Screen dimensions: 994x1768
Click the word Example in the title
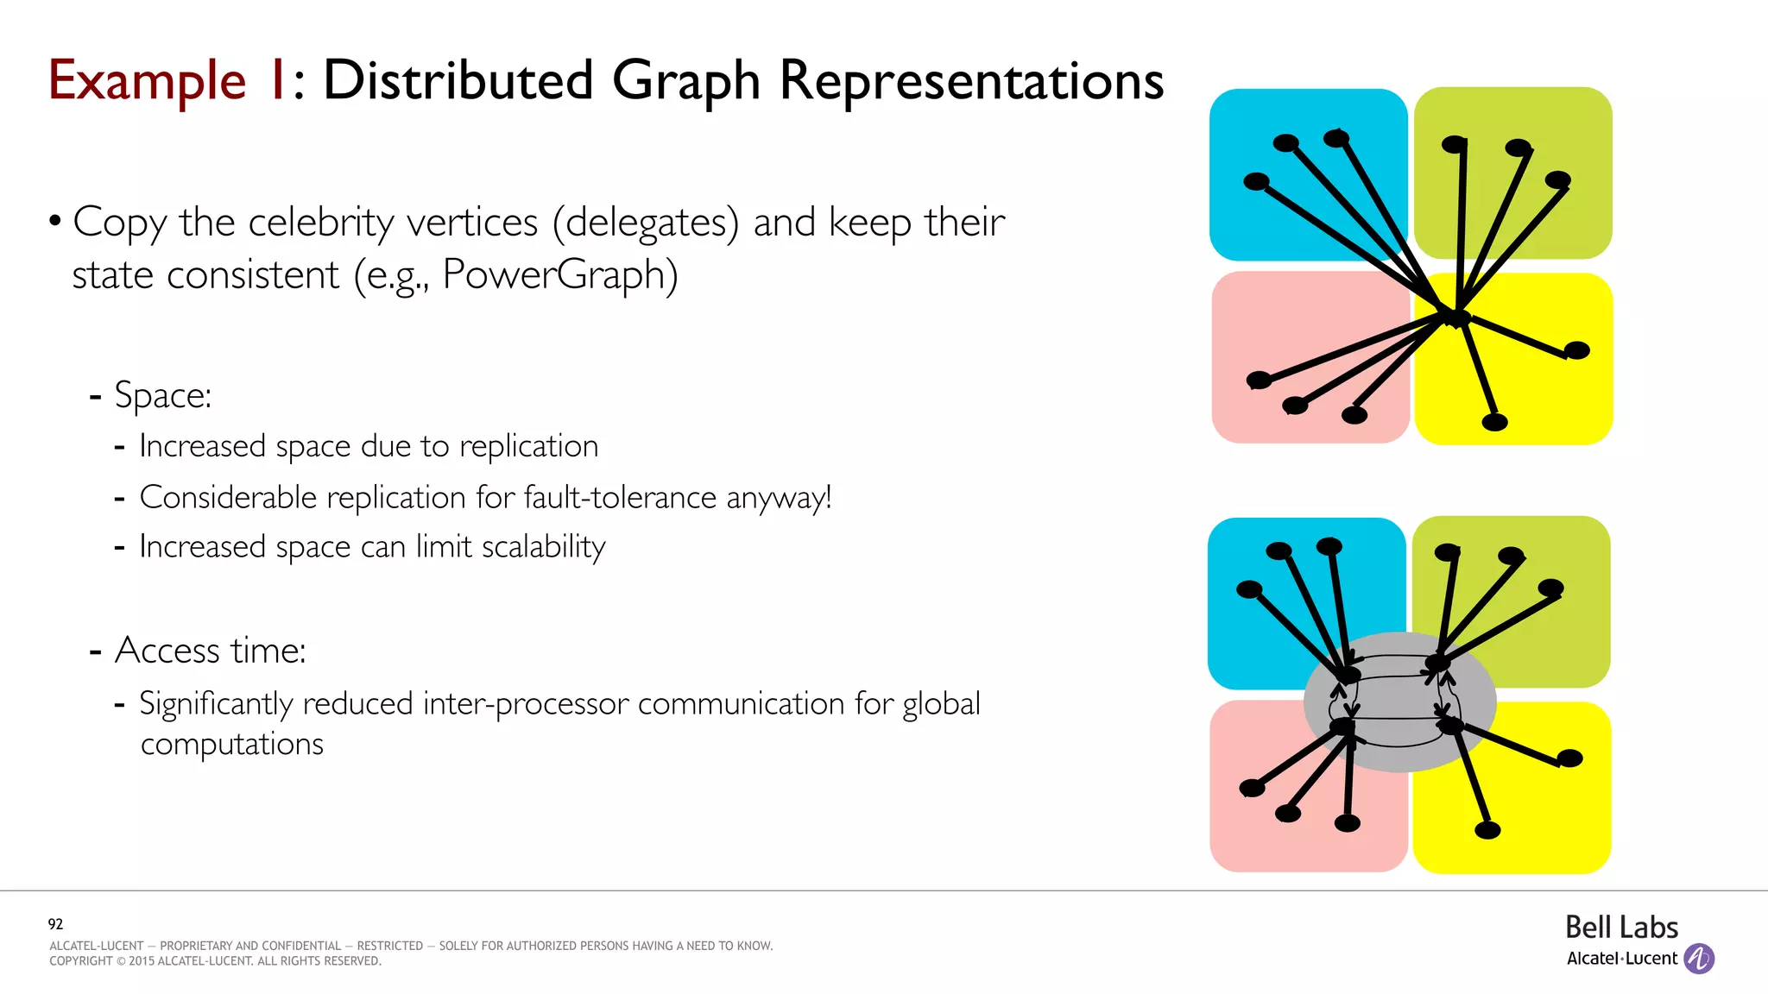click(147, 82)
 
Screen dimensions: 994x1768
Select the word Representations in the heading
click(971, 82)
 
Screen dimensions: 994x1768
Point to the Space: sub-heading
click(162, 395)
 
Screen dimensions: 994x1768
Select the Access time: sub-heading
click(210, 650)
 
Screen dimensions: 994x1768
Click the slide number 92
click(55, 924)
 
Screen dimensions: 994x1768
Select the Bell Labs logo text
click(1621, 928)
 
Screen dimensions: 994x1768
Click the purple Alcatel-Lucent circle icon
click(1699, 959)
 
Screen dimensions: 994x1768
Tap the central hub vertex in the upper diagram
click(1456, 317)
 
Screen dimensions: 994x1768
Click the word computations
click(231, 744)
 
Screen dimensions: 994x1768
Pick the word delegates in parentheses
click(646, 223)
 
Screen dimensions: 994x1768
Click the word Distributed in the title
click(458, 82)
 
